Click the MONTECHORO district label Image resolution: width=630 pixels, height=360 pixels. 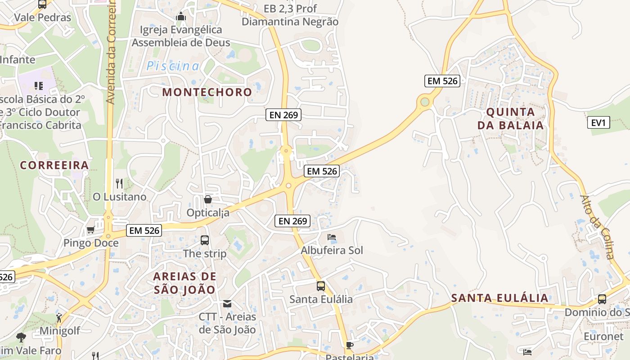pyautogui.click(x=207, y=92)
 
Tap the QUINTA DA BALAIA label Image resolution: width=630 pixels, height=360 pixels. pyautogui.click(x=511, y=118)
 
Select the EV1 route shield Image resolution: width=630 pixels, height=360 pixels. pyautogui.click(x=598, y=122)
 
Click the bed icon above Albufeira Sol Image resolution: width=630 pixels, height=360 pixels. pyautogui.click(x=332, y=237)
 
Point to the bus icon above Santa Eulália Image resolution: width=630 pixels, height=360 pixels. pyautogui.click(x=320, y=286)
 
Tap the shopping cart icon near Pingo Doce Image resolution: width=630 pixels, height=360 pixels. pyautogui.click(x=90, y=230)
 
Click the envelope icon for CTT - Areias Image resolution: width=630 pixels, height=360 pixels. pyautogui.click(x=227, y=304)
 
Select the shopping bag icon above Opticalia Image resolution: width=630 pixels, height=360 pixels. pyautogui.click(x=208, y=199)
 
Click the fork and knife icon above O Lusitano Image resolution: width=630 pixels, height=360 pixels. pyautogui.click(x=119, y=183)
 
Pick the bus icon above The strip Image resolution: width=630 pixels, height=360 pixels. pyautogui.click(x=205, y=240)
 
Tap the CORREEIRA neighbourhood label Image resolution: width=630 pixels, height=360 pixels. pyautogui.click(x=54, y=165)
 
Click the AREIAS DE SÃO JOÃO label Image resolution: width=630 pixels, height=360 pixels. pyautogui.click(x=184, y=283)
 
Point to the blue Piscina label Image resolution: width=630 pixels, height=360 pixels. pyautogui.click(x=173, y=66)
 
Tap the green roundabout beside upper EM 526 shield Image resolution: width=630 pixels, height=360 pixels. pyautogui.click(x=424, y=102)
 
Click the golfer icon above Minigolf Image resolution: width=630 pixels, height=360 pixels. pyautogui.click(x=59, y=317)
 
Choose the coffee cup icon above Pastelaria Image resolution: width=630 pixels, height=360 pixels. pyautogui.click(x=349, y=345)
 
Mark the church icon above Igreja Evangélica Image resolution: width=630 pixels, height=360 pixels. pyautogui.click(x=181, y=17)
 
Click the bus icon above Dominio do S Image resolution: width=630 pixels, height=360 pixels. pyautogui.click(x=602, y=299)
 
